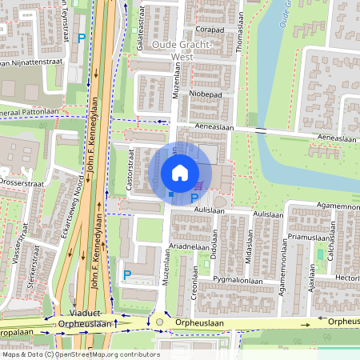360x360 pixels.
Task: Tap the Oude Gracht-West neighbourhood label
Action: point(182,50)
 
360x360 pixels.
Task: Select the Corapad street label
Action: point(210,30)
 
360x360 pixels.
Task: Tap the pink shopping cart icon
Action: point(197,186)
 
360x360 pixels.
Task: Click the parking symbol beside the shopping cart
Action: point(194,198)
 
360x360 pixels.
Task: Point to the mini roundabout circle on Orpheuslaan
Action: point(159,322)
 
